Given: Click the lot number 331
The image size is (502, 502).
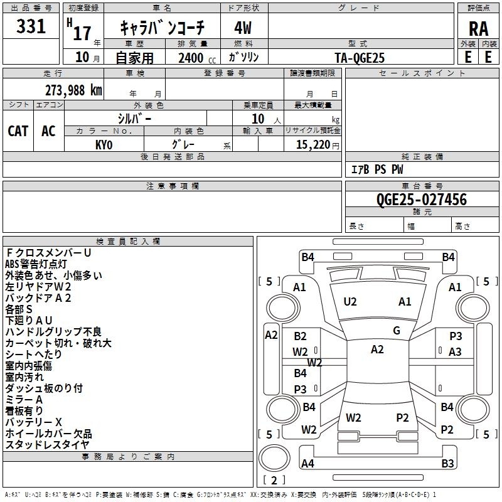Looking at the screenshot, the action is coord(31,26).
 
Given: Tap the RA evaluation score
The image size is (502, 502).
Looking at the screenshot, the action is coord(479,29).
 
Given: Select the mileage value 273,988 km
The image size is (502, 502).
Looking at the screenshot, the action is coord(73,90).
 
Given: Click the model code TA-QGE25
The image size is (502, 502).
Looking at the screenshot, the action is coord(360,58).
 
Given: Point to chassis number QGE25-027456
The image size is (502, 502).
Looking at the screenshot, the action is coord(422,200).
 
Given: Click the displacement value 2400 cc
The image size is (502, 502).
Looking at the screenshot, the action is coord(197,58).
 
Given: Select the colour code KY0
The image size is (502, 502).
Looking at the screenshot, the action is coord(104,145).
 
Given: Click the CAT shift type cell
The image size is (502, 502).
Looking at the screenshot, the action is coord(18,131).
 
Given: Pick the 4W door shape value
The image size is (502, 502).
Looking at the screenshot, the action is coord(243,28).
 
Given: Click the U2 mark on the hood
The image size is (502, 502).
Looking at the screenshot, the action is coord(350,302).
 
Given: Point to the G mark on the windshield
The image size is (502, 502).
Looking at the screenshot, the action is coord(397,331).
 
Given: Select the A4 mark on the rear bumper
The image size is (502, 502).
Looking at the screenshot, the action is coord(307,463).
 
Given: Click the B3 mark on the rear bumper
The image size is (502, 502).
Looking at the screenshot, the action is coord(447,463).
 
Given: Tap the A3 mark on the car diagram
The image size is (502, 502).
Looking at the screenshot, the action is coord(455,352).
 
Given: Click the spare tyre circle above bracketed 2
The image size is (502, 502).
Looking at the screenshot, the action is coord(274,458).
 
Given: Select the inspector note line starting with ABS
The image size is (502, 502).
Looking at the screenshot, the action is coord(36,264).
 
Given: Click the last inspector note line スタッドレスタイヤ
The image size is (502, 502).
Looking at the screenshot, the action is coord(47,444).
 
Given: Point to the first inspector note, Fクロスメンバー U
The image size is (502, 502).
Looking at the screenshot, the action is coord(48,253).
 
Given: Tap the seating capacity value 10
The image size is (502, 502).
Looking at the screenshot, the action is coord(258,119).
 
